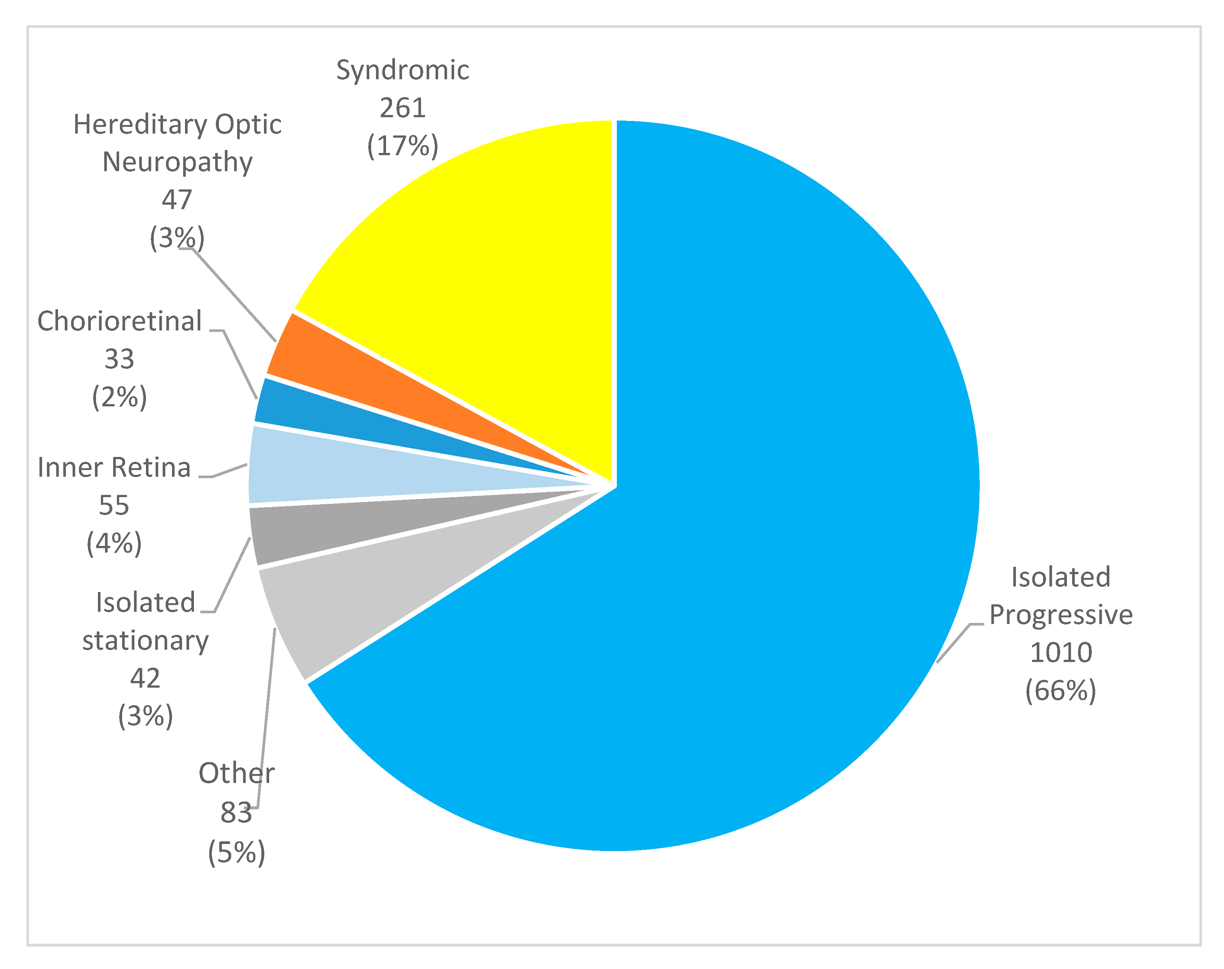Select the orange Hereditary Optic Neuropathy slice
pos(318,363)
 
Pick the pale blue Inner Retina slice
pos(341,471)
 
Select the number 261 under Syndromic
pos(402,108)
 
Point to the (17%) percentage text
pos(402,146)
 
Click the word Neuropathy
pos(177,162)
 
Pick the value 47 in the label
pos(177,200)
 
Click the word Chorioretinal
pos(119,322)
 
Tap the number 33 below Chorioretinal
pos(119,359)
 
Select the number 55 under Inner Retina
pos(114,505)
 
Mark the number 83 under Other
pos(236,812)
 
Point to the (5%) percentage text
pos(236,852)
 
